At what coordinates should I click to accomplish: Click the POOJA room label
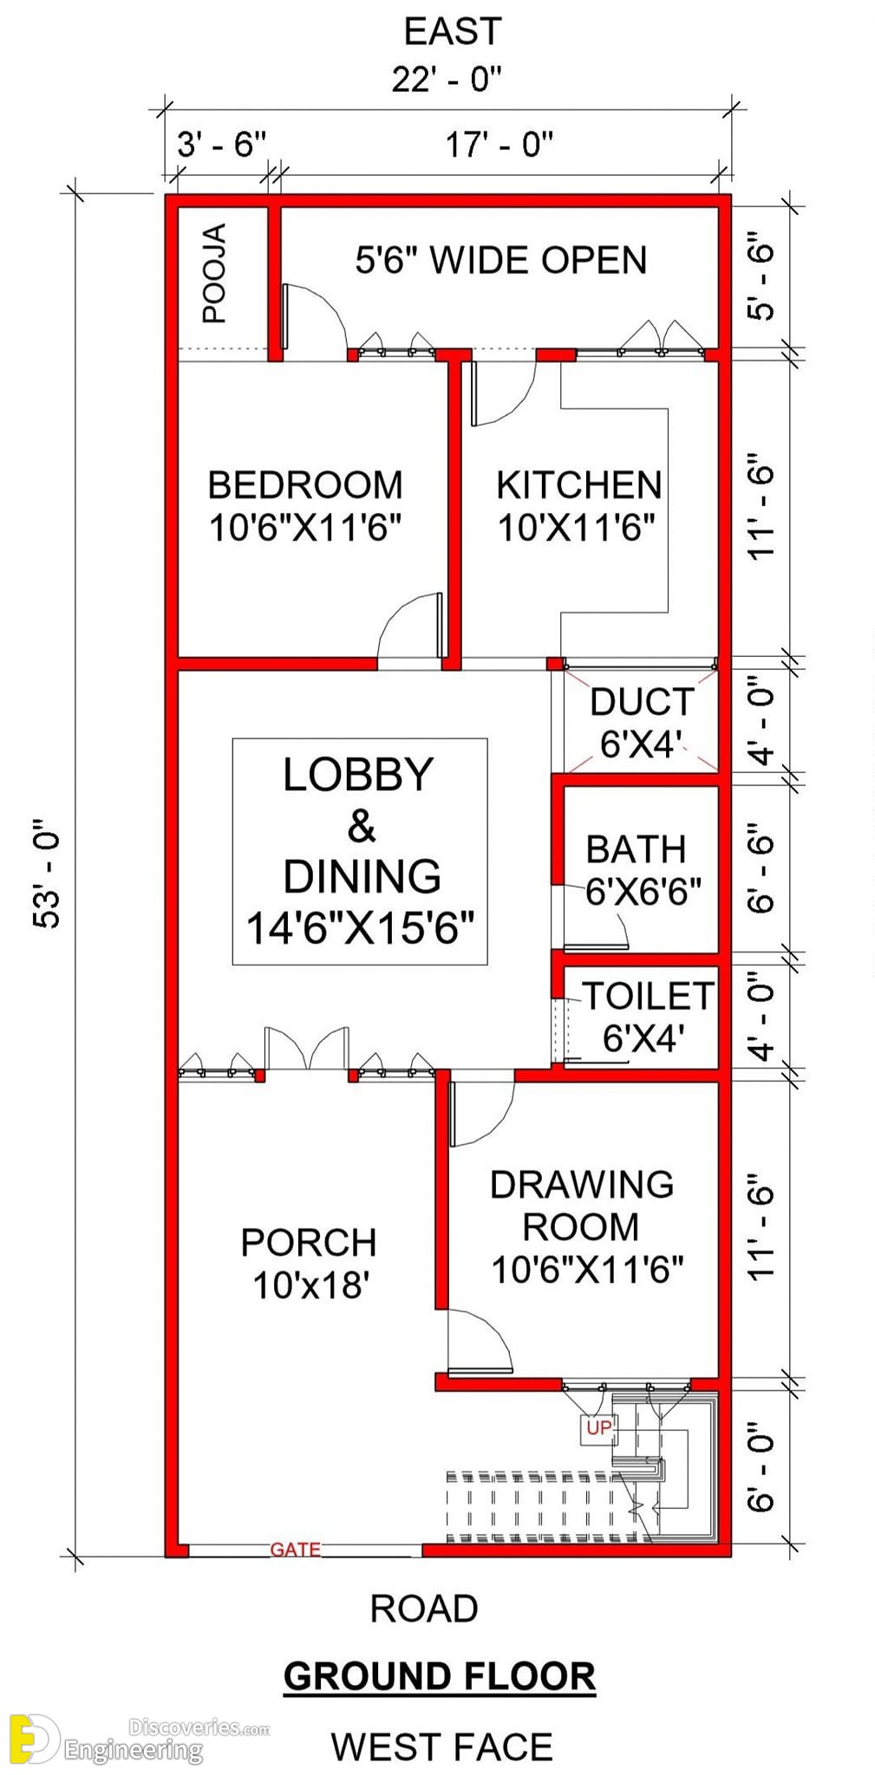click(214, 273)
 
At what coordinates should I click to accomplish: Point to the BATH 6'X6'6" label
click(643, 869)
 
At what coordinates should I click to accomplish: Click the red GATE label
click(295, 1549)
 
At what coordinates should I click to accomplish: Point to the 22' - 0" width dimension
click(447, 80)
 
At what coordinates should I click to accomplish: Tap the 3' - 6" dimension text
click(222, 144)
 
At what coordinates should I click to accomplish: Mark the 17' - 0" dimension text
click(500, 144)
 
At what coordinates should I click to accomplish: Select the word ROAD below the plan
click(424, 1609)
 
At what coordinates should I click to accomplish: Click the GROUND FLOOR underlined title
click(440, 1677)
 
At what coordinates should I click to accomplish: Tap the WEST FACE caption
click(441, 1746)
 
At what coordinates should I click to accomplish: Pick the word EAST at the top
click(453, 31)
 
